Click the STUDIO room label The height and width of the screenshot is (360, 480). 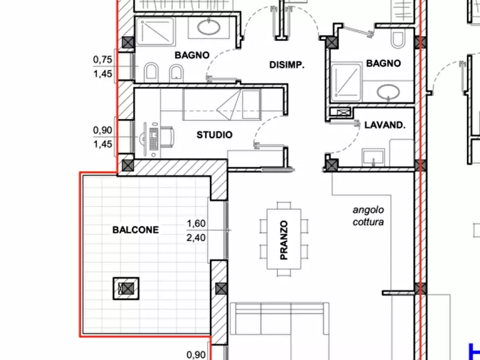(x=214, y=135)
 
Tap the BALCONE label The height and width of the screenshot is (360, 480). (x=135, y=230)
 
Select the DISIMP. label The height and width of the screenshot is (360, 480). (x=287, y=65)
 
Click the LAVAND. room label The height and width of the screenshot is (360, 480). (x=385, y=125)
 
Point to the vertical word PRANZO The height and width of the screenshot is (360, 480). (x=284, y=240)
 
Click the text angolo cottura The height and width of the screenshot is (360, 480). (x=368, y=216)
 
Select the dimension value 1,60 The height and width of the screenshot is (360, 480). (x=196, y=224)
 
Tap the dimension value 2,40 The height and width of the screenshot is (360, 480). (x=196, y=237)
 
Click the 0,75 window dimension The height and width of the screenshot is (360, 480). (x=103, y=60)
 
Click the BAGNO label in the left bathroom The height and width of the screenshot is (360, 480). (x=192, y=55)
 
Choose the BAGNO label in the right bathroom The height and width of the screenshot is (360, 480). (x=384, y=63)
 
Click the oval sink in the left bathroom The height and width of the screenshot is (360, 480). (x=209, y=27)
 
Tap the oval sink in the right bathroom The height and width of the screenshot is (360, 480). (x=388, y=92)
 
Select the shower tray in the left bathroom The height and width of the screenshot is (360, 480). (x=155, y=30)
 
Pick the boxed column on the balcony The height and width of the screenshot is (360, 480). (x=126, y=289)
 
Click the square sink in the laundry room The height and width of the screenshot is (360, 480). (x=373, y=157)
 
